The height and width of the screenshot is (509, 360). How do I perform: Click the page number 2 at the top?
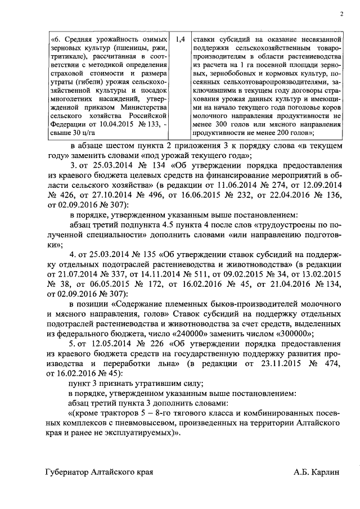coord(341,15)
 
